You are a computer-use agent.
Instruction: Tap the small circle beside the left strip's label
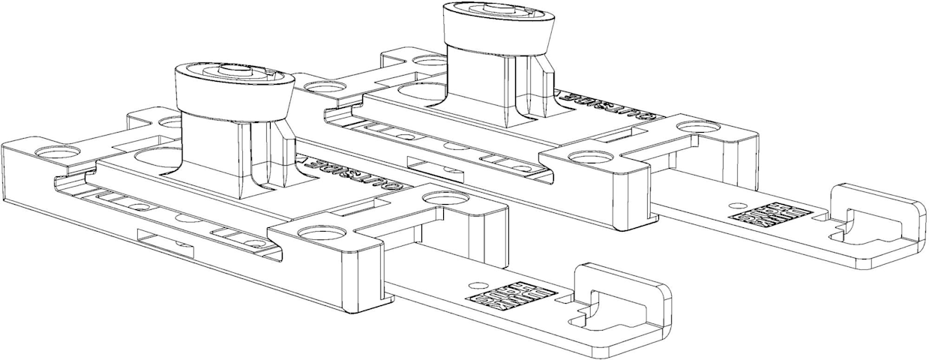tap(474, 285)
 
